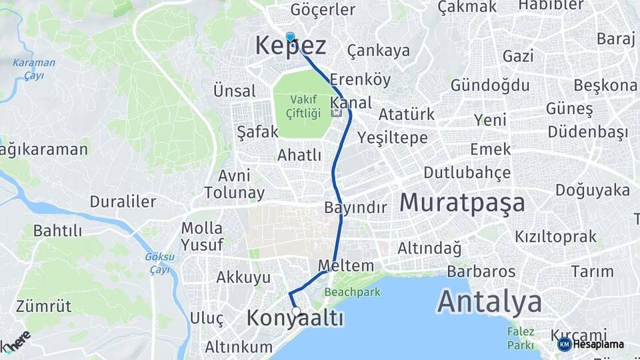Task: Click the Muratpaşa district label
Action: (x=463, y=203)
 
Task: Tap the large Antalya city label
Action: (x=489, y=302)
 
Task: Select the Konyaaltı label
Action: (x=295, y=319)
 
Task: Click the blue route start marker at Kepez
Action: (x=290, y=37)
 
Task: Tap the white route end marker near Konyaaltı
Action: (x=296, y=311)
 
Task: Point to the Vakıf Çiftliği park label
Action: (x=303, y=107)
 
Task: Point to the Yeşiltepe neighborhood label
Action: (x=393, y=138)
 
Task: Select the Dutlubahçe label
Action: (x=467, y=173)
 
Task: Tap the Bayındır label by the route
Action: (x=355, y=207)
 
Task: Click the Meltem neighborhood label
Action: (x=346, y=265)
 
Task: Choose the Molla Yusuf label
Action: (x=202, y=237)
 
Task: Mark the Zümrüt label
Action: (x=43, y=307)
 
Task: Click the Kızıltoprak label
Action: (x=555, y=237)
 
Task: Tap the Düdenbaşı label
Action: (x=588, y=132)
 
